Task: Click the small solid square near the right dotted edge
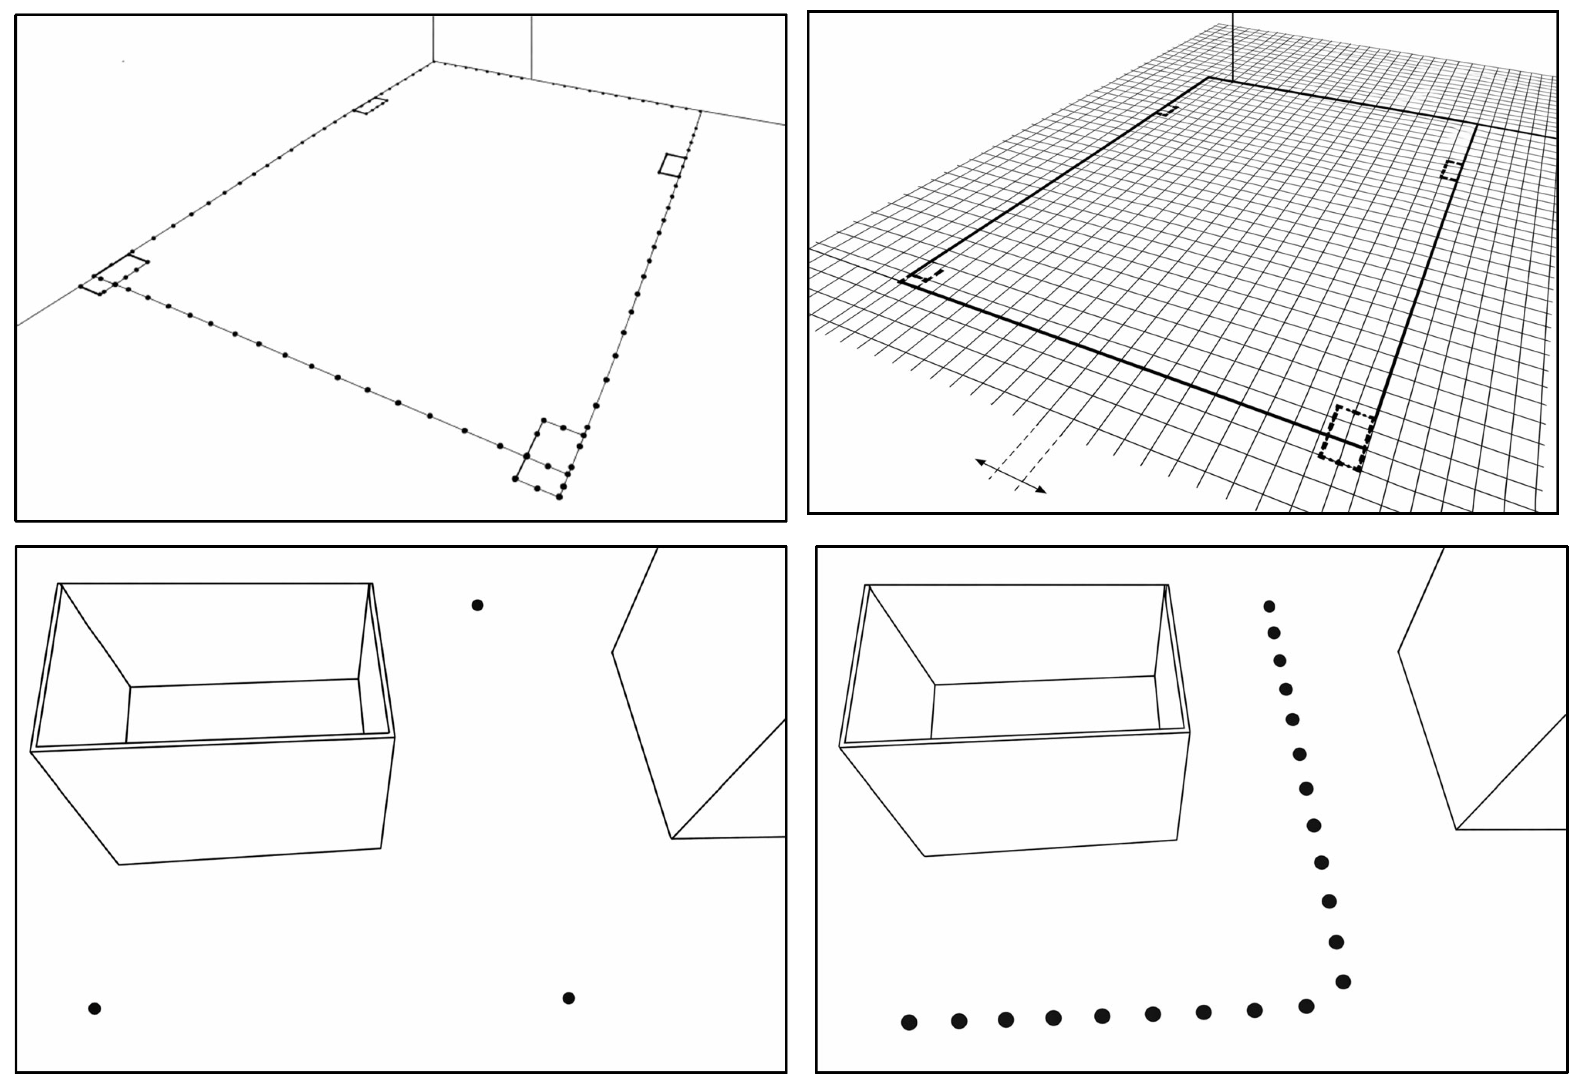(x=672, y=165)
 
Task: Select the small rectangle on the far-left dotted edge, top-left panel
(x=370, y=106)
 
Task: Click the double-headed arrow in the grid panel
(x=1010, y=476)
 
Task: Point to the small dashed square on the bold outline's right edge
(x=1451, y=170)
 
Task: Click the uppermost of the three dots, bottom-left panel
(x=477, y=605)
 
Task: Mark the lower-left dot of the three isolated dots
(x=94, y=1008)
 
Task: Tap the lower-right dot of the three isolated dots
(x=568, y=998)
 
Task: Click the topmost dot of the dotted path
(x=1269, y=606)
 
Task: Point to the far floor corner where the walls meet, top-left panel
(x=433, y=62)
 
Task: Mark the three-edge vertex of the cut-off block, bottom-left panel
(x=672, y=838)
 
